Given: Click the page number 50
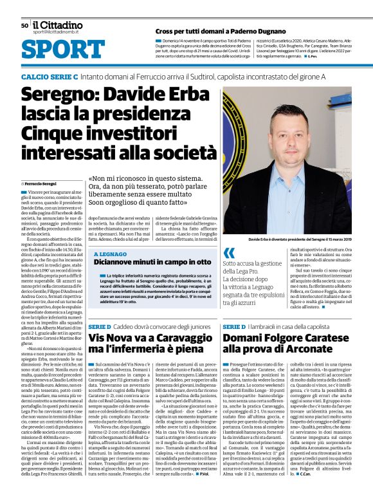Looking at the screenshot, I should point(24,25).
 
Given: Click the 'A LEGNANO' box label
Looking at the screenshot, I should point(110,254).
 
